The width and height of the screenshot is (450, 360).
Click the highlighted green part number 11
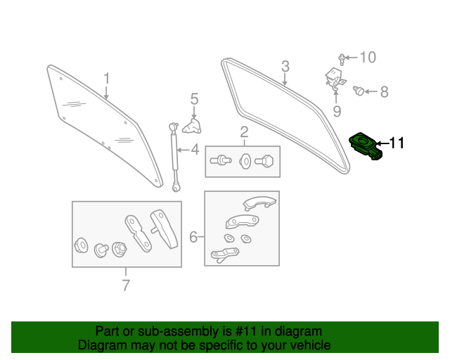coord(365,146)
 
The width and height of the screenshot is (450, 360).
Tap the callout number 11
coord(397,143)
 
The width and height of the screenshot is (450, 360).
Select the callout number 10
coord(368,58)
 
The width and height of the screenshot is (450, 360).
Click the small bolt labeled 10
coord(342,60)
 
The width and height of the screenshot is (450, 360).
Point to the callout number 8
coord(384,92)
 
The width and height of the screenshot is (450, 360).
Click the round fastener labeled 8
coord(359,91)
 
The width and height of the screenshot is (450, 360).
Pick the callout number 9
coord(337,111)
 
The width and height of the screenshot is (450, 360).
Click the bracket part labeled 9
coord(335,78)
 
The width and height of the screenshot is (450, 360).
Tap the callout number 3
coord(285,66)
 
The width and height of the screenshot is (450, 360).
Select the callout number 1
coord(106,78)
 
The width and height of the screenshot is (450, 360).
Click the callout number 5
coord(194,98)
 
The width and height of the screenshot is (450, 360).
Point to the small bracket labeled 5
coord(192,127)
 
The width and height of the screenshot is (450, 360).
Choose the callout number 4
coord(195,150)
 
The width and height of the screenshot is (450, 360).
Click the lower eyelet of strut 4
coord(176,188)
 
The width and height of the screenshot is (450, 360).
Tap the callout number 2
coord(244,132)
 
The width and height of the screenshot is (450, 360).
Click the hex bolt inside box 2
coord(264,161)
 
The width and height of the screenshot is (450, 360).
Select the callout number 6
coord(193,237)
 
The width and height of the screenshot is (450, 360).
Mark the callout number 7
coord(126,285)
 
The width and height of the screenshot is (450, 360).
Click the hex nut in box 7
coord(120,249)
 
